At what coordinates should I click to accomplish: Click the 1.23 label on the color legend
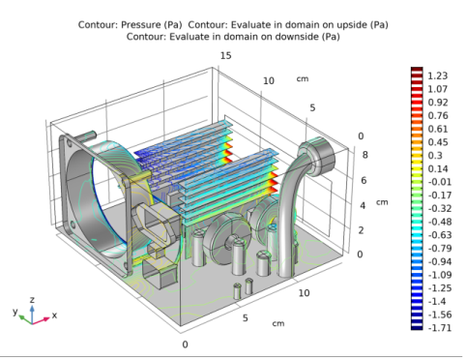[x=437, y=75]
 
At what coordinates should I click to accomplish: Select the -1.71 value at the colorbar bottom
[x=440, y=328]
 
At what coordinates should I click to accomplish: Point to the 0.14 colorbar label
[x=438, y=168]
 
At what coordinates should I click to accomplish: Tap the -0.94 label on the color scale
[x=440, y=261]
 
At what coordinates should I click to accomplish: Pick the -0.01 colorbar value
[x=440, y=182]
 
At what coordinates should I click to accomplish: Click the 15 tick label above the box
[x=225, y=56]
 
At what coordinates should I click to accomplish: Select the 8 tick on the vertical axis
[x=364, y=155]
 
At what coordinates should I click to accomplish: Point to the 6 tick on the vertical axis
[x=364, y=180]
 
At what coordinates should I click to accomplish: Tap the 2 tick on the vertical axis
[x=361, y=230]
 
